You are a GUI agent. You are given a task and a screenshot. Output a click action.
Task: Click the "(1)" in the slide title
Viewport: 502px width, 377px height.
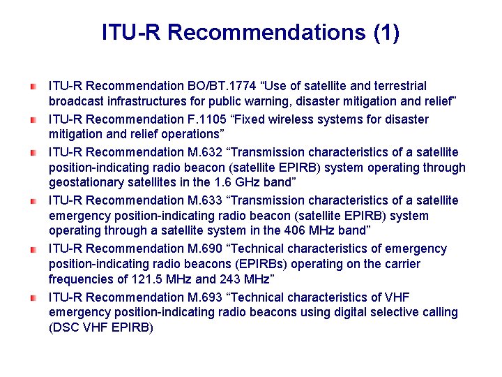(386, 33)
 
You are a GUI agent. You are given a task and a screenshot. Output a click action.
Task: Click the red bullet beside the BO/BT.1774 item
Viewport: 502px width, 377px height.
(33, 87)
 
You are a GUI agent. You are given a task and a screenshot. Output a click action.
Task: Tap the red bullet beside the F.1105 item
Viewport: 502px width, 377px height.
(33, 119)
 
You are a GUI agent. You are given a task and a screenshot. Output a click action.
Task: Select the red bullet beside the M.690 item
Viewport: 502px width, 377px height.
(33, 249)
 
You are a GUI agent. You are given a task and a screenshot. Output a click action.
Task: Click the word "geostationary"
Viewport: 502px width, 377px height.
(84, 183)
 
